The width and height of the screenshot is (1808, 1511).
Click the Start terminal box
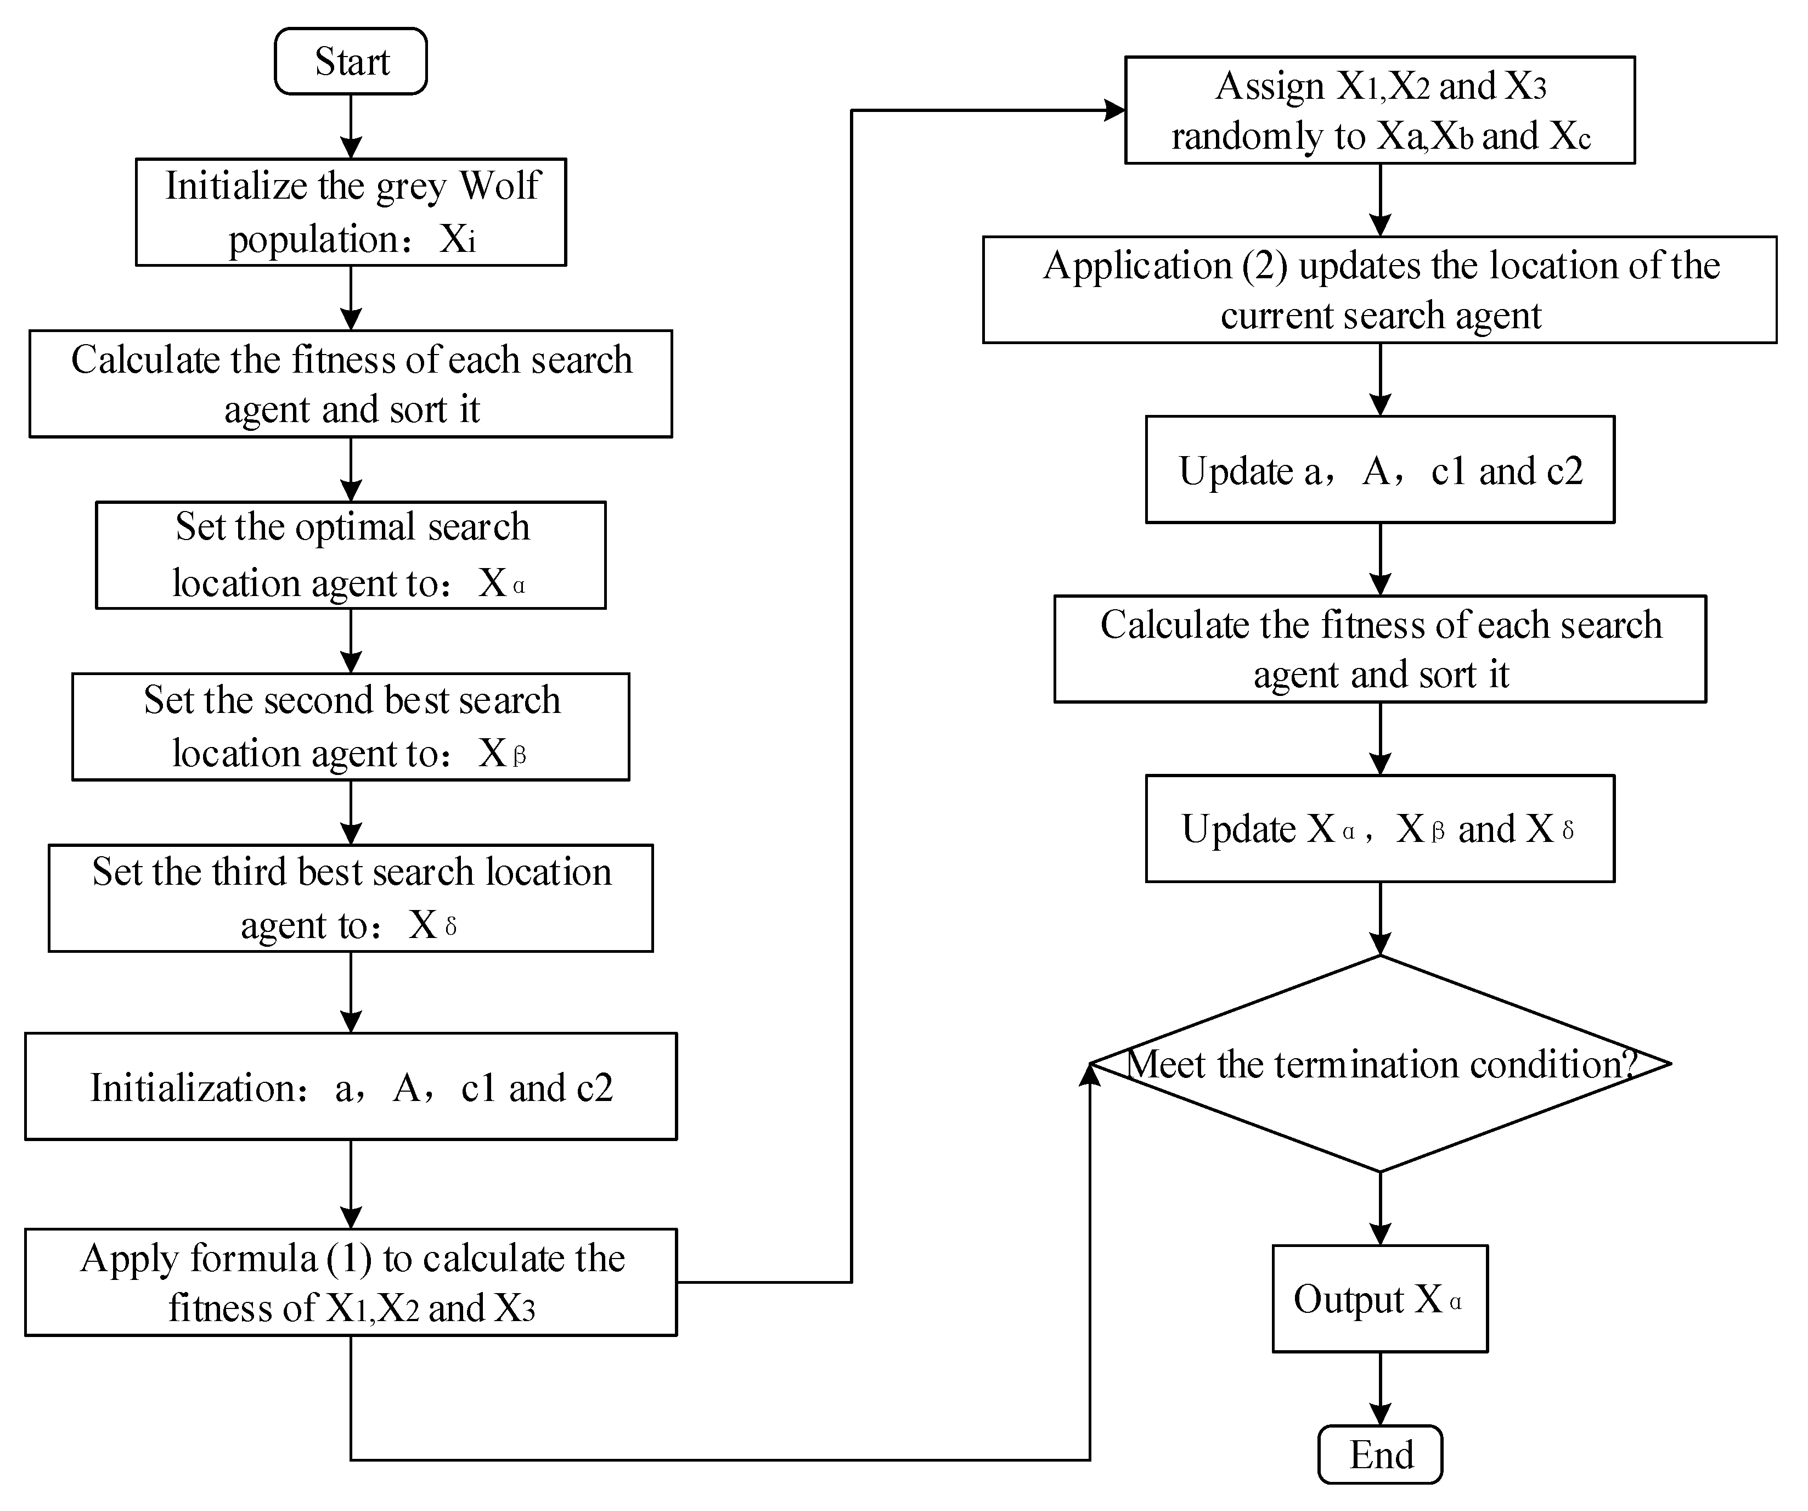[x=351, y=61]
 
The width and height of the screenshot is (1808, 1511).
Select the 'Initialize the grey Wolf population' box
[x=351, y=212]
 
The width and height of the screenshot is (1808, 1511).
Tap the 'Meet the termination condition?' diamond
[x=1379, y=1064]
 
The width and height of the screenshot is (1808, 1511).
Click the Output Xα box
[x=1379, y=1299]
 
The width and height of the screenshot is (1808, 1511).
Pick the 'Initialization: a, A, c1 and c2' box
[x=351, y=1087]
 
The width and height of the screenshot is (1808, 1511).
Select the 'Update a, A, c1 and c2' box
[x=1379, y=470]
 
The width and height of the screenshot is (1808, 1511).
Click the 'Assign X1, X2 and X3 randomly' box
[x=1379, y=110]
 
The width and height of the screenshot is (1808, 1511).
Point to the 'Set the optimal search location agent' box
[x=351, y=555]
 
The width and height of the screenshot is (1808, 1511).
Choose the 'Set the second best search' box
[x=351, y=727]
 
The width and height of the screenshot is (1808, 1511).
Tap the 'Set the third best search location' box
[x=351, y=898]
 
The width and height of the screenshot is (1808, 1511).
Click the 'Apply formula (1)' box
[x=351, y=1282]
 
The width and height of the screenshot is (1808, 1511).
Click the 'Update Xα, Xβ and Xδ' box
[x=1379, y=828]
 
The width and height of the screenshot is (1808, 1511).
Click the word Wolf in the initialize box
[x=499, y=185]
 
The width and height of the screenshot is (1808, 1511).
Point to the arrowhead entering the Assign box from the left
[x=1115, y=110]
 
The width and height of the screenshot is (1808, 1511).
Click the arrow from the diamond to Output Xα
[x=1380, y=1209]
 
